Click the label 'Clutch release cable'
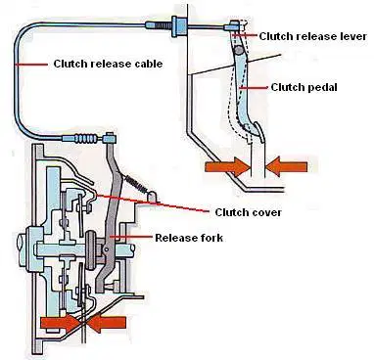pyautogui.click(x=108, y=64)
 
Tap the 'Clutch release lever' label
pyautogui.click(x=313, y=36)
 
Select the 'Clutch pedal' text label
pyautogui.click(x=304, y=87)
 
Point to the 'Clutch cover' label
pyautogui.click(x=248, y=212)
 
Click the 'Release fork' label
pyautogui.click(x=189, y=238)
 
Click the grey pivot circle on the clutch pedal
pyautogui.click(x=239, y=50)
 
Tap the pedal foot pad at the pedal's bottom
pyautogui.click(x=258, y=132)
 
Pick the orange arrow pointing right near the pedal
pyautogui.click(x=227, y=167)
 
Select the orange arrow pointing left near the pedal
pyautogui.click(x=286, y=167)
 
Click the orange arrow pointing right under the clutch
pyautogui.click(x=61, y=323)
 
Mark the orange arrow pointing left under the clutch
pyautogui.click(x=107, y=323)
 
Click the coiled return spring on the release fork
pyautogui.click(x=136, y=184)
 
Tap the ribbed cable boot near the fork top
pyautogui.click(x=86, y=139)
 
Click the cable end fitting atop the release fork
pyautogui.click(x=110, y=138)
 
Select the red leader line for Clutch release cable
pyautogui.click(x=31, y=65)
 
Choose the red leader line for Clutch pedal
pyautogui.click(x=253, y=87)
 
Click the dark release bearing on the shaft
pyautogui.click(x=90, y=250)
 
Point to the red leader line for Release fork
pyautogui.click(x=131, y=238)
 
